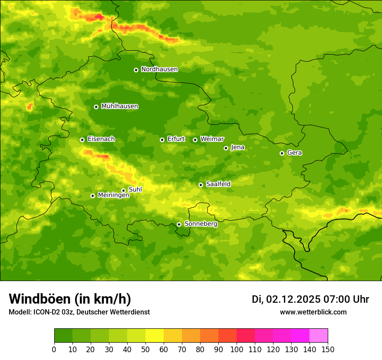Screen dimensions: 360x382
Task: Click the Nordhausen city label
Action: [x=159, y=69]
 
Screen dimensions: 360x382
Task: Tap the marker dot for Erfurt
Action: [x=162, y=140]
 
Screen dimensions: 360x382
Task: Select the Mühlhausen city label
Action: [x=120, y=106]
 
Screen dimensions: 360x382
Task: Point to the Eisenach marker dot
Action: [x=82, y=140]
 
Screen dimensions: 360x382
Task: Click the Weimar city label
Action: [x=212, y=139]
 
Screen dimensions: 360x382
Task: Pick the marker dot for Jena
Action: [x=226, y=148]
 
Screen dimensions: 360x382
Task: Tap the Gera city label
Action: [x=294, y=153]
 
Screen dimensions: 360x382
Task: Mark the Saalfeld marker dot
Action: [x=201, y=185]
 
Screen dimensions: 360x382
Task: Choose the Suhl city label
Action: [x=135, y=190]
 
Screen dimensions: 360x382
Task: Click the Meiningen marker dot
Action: [x=92, y=196]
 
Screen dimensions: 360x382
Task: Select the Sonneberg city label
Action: [x=201, y=224]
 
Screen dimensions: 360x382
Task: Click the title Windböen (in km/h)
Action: [x=70, y=299]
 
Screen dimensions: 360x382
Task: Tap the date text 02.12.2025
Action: [x=293, y=299]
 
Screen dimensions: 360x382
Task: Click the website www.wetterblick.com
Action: [x=313, y=312]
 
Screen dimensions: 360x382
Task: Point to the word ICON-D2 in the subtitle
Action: [x=46, y=312]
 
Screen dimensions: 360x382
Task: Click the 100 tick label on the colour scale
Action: [x=237, y=349]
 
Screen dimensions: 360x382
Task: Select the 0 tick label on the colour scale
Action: [x=54, y=349]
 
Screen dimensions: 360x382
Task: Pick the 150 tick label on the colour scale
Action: [x=328, y=349]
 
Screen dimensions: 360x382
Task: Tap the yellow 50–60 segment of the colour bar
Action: [x=155, y=336]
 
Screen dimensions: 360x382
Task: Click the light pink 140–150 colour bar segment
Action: [x=319, y=336]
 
